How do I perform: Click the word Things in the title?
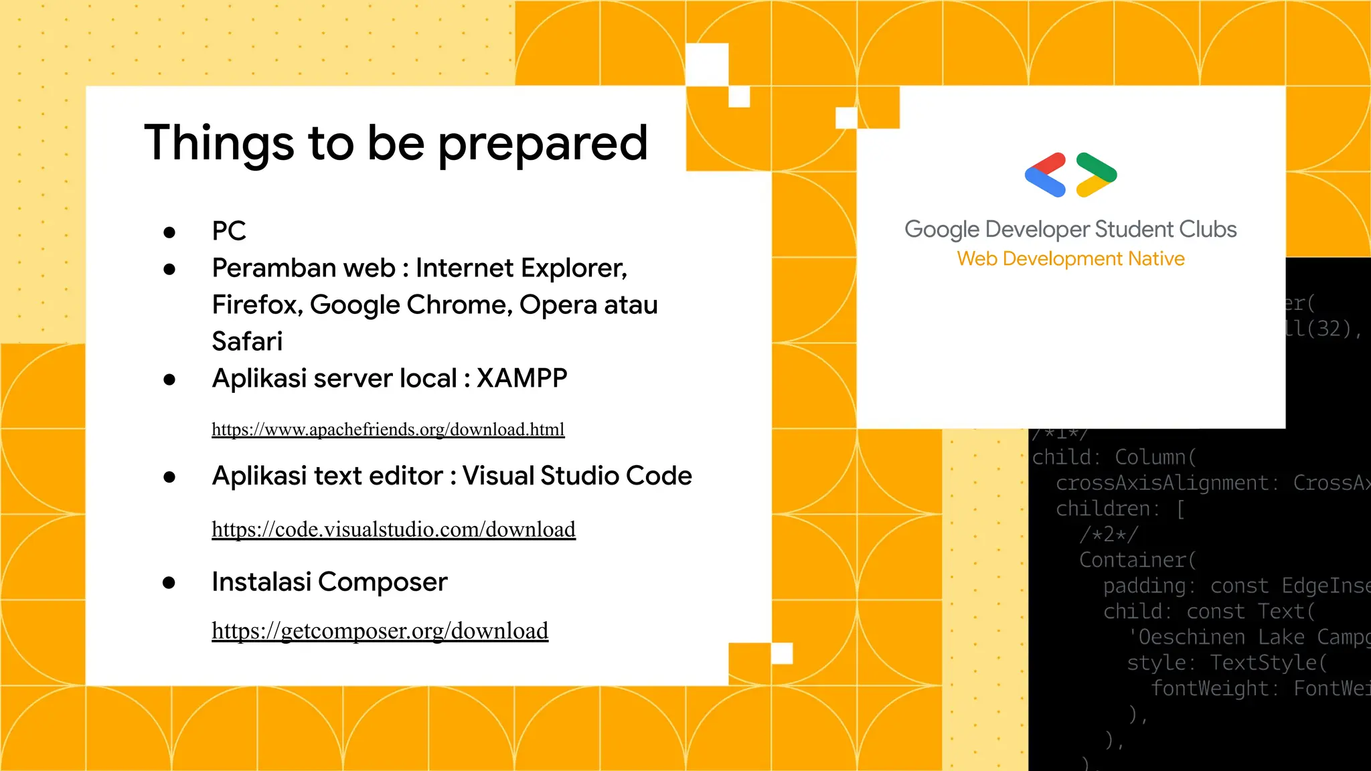219,143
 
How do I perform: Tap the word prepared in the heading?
543,143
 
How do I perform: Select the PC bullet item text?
229,231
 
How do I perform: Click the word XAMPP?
521,378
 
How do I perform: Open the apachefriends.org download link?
388,429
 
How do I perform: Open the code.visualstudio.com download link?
394,529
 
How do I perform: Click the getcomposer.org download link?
380,630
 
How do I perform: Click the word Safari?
247,341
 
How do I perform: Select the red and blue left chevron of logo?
1045,175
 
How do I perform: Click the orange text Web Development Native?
1070,258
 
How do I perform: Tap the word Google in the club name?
942,230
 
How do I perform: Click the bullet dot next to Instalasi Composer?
169,583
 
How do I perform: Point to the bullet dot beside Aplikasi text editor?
169,477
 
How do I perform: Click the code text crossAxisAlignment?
1162,483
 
